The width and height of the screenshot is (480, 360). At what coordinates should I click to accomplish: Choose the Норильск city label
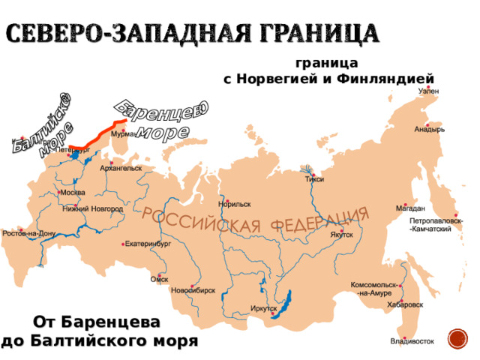[235, 204]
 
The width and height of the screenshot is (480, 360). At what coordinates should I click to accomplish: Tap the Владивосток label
[412, 342]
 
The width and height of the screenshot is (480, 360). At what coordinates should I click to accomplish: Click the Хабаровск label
[406, 305]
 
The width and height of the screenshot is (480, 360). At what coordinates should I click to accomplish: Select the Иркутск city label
[263, 308]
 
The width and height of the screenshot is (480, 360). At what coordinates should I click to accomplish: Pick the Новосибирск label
[193, 289]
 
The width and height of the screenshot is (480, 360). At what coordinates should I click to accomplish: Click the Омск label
[159, 278]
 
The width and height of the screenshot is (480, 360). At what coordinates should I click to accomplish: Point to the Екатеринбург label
[148, 244]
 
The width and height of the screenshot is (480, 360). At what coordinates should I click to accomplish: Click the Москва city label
[73, 192]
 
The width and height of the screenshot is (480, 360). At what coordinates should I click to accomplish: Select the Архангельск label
[120, 169]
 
